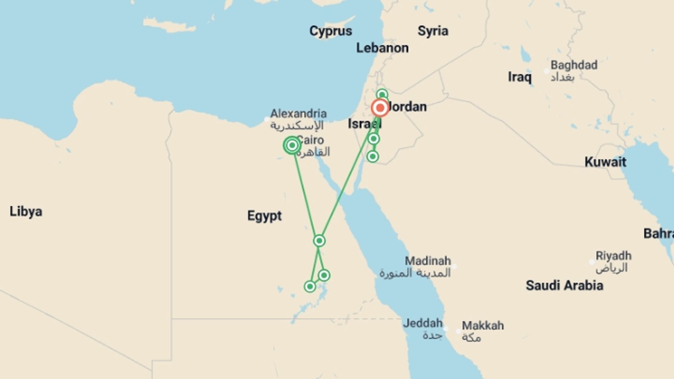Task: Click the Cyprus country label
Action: pos(330,31)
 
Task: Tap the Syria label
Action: pos(432,31)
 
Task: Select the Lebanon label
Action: pos(382,48)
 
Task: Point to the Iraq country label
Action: pos(520,77)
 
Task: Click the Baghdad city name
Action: pos(574,65)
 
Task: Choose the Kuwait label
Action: pos(605,162)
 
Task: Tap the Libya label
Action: pos(26,212)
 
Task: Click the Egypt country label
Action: pos(264,216)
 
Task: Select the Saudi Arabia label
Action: pos(564,286)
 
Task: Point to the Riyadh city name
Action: pos(613,256)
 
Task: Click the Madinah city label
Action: pos(428,261)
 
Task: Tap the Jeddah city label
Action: pos(423,323)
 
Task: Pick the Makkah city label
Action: pos(483,326)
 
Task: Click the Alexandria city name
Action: pos(298,114)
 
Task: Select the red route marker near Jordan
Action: pos(380,108)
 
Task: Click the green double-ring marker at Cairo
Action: pos(292,145)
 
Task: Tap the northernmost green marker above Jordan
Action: pos(382,94)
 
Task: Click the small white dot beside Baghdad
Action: pos(547,71)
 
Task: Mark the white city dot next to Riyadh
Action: pos(592,262)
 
